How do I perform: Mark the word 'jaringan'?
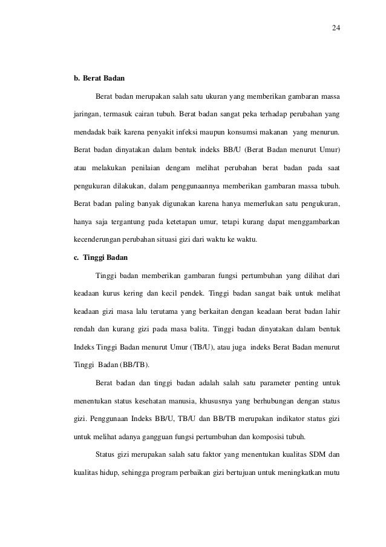click(86, 114)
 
